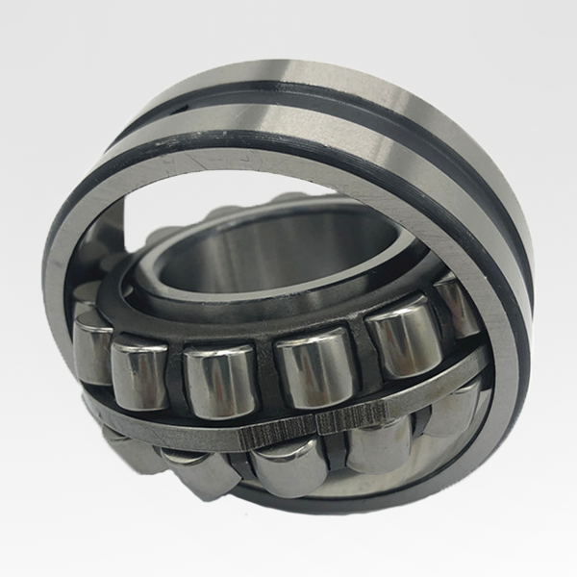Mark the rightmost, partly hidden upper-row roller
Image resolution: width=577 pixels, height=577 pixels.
(x=457, y=304)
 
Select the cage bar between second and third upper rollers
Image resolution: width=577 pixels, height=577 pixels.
(x=176, y=376)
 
